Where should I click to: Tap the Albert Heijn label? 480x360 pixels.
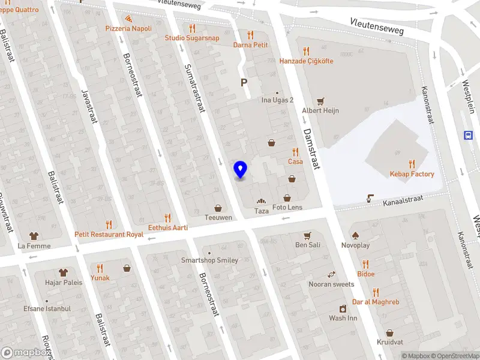[320, 110]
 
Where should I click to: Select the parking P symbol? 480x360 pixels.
[244, 83]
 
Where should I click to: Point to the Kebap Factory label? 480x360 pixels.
[412, 174]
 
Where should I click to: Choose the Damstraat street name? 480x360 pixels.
[312, 149]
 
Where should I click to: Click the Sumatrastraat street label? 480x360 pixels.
[194, 87]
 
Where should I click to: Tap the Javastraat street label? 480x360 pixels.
[88, 108]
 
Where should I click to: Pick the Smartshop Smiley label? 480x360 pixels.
[210, 260]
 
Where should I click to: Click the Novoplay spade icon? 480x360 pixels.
[355, 235]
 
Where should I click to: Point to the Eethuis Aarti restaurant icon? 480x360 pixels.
[168, 218]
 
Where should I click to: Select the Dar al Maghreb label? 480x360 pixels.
[376, 302]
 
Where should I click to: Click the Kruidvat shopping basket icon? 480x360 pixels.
[390, 332]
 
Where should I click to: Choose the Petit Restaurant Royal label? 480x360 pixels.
[109, 235]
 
